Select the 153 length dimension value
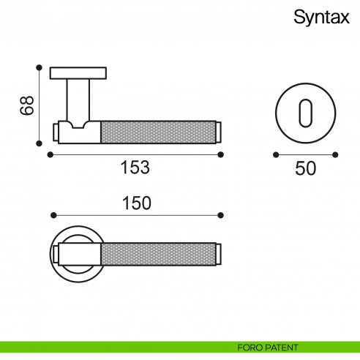pyautogui.click(x=135, y=168)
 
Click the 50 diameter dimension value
pyautogui.click(x=305, y=168)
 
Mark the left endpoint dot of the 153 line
pyautogui.click(x=49, y=154)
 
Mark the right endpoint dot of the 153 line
pyautogui.click(x=221, y=154)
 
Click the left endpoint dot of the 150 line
pyautogui.click(x=53, y=215)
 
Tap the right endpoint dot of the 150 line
pyautogui.click(x=221, y=215)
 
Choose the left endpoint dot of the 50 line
pyautogui.click(x=276, y=154)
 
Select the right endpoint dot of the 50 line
pyautogui.click(x=335, y=154)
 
